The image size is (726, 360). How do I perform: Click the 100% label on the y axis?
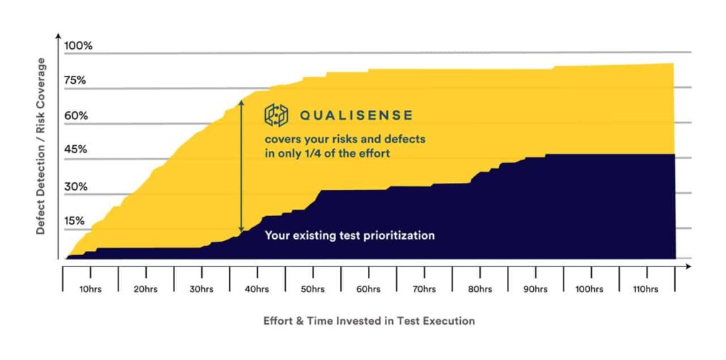pyautogui.click(x=78, y=46)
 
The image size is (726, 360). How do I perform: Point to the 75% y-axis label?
pyautogui.click(x=75, y=81)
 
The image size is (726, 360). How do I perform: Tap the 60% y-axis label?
pyautogui.click(x=76, y=116)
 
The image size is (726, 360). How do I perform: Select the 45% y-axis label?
pyautogui.click(x=75, y=150)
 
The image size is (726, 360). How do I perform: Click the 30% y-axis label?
pyautogui.click(x=75, y=187)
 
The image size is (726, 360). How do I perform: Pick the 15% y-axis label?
pyautogui.click(x=74, y=220)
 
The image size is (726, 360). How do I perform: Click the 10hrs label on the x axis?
pyautogui.click(x=91, y=290)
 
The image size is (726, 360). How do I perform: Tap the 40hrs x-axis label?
pyautogui.click(x=257, y=290)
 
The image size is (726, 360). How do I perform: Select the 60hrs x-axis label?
pyautogui.click(x=369, y=290)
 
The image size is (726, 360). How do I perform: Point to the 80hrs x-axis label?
pyautogui.click(x=480, y=290)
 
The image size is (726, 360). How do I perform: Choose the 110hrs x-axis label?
pyautogui.click(x=645, y=290)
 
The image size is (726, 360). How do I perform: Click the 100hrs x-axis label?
pyautogui.click(x=590, y=290)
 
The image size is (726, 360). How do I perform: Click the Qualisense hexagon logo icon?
pyautogui.click(x=277, y=115)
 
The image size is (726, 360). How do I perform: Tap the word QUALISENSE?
pyautogui.click(x=356, y=116)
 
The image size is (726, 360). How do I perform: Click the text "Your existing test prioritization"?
pyautogui.click(x=350, y=235)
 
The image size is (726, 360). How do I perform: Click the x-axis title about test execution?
pyautogui.click(x=369, y=320)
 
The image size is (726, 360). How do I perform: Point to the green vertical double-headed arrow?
pyautogui.click(x=241, y=166)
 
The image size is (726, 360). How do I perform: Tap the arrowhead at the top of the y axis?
pyautogui.click(x=58, y=35)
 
